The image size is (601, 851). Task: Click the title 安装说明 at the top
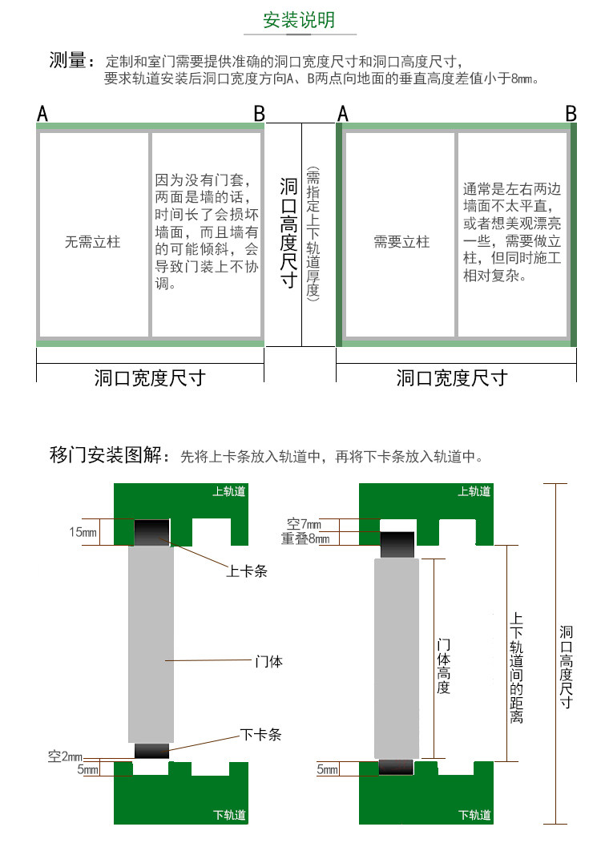point(300,20)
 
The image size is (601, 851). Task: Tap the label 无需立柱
point(92,240)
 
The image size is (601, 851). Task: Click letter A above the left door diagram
point(42,115)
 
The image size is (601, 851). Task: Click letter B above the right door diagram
point(571,114)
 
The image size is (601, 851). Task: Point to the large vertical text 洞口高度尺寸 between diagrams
point(288,233)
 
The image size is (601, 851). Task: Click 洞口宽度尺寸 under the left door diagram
point(150,377)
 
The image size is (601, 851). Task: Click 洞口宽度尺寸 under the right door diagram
point(453,377)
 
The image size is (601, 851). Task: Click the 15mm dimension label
point(83,531)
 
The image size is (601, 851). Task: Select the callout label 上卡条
point(246,571)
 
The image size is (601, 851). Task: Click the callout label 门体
point(268,662)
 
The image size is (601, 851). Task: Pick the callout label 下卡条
point(260,734)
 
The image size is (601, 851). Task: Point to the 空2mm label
point(66,756)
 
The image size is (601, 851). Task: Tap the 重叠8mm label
point(305,538)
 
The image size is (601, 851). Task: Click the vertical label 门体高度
point(443,666)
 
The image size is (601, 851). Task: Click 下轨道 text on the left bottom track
point(229,815)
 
